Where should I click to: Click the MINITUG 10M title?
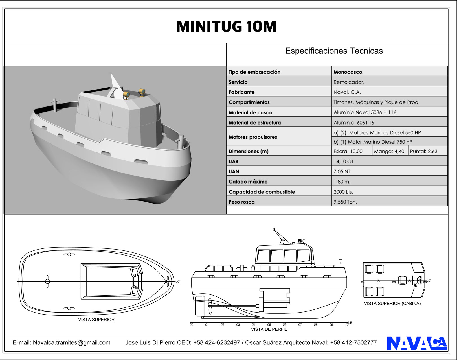tap(226, 27)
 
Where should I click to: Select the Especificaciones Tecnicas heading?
tap(334, 51)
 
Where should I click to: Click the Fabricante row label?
tap(241, 92)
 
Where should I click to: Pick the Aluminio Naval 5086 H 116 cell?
tap(365, 112)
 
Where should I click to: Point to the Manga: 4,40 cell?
tap(389, 151)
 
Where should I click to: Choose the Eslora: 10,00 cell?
tap(348, 151)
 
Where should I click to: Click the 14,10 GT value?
tap(344, 162)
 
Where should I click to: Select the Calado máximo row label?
tap(248, 182)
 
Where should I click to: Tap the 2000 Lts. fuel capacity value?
tap(343, 192)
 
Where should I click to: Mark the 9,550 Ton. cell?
tap(345, 202)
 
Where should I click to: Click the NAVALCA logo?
tap(417, 343)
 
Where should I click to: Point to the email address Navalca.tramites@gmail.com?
tap(72, 342)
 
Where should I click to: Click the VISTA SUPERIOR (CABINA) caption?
tap(392, 304)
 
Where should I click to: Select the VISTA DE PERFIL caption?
tap(269, 329)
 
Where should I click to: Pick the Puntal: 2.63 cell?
tap(423, 151)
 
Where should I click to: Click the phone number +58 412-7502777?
tap(353, 342)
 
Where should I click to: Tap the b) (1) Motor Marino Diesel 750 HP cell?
tap(373, 142)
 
